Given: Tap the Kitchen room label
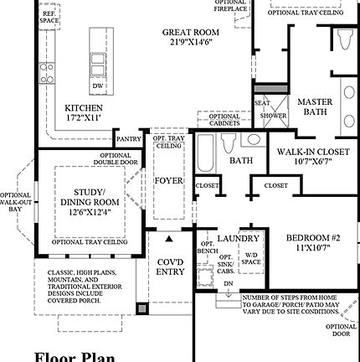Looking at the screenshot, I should pos(84,113).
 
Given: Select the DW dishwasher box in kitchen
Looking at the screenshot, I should pos(98,85).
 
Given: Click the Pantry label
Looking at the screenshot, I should pos(128,139).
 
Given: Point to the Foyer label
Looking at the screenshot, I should pos(168,180).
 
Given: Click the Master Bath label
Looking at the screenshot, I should pos(315,106).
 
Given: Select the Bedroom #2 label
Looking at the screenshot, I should pos(311,243).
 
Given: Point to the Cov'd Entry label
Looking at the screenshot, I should pos(171,266).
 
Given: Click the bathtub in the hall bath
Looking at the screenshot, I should pos(206,155).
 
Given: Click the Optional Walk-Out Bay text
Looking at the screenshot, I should pos(15,202).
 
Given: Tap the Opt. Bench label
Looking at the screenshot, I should pos(208,247).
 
